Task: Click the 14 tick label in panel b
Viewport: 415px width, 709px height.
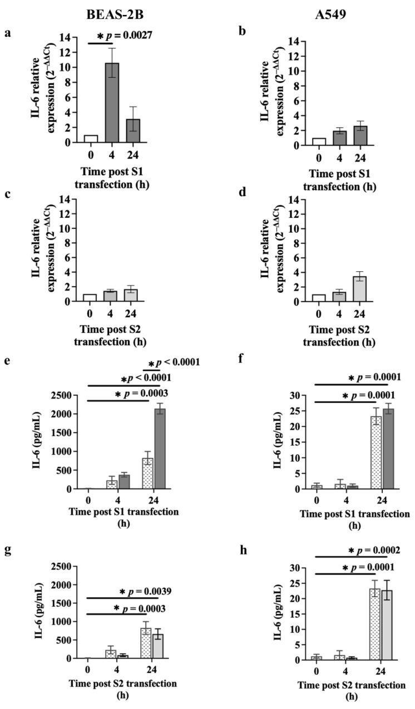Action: pos(299,42)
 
